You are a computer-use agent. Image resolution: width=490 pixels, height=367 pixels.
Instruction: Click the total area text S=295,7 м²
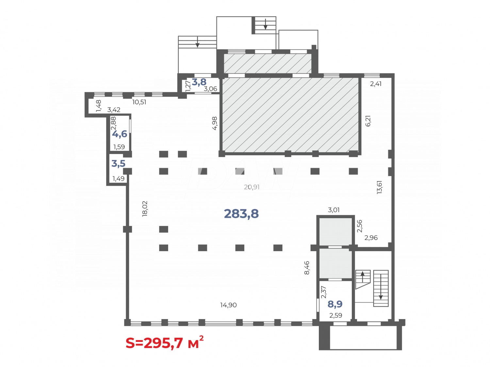(x=165, y=343)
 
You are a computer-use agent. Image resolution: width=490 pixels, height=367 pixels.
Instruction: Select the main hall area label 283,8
(x=241, y=214)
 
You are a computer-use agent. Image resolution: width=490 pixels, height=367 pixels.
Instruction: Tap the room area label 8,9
(x=335, y=304)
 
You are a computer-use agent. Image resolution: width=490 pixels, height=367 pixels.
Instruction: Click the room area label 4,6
(x=120, y=134)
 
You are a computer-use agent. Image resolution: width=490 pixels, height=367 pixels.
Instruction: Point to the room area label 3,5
(x=118, y=163)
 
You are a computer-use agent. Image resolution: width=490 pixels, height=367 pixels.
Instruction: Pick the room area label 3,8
(x=199, y=82)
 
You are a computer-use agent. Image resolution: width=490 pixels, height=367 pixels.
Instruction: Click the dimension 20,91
(x=252, y=187)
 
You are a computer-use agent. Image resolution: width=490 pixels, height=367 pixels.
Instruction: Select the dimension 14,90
(x=228, y=305)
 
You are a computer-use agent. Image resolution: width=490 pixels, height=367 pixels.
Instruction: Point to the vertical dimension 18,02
(x=145, y=208)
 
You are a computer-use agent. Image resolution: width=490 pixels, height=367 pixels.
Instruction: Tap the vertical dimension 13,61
(x=379, y=187)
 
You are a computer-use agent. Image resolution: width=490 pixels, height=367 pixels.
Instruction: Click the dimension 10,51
(x=139, y=102)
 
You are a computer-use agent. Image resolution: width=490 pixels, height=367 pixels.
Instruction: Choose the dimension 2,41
(x=376, y=84)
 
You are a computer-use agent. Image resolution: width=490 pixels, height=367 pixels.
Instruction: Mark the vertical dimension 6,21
(x=368, y=121)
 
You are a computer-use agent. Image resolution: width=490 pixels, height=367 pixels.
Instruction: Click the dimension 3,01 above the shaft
(x=334, y=210)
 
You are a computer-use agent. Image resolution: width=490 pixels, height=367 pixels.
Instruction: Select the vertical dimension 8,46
(x=307, y=268)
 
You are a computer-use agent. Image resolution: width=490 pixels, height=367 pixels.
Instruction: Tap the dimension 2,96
(x=371, y=238)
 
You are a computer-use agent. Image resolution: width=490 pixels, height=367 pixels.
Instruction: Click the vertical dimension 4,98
(x=215, y=123)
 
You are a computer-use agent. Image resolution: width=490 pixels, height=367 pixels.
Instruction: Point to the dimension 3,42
(x=114, y=110)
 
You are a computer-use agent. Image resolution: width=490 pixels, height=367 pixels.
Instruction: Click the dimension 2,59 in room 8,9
(x=335, y=315)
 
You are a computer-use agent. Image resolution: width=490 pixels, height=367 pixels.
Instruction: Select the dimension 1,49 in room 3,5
(x=118, y=179)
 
